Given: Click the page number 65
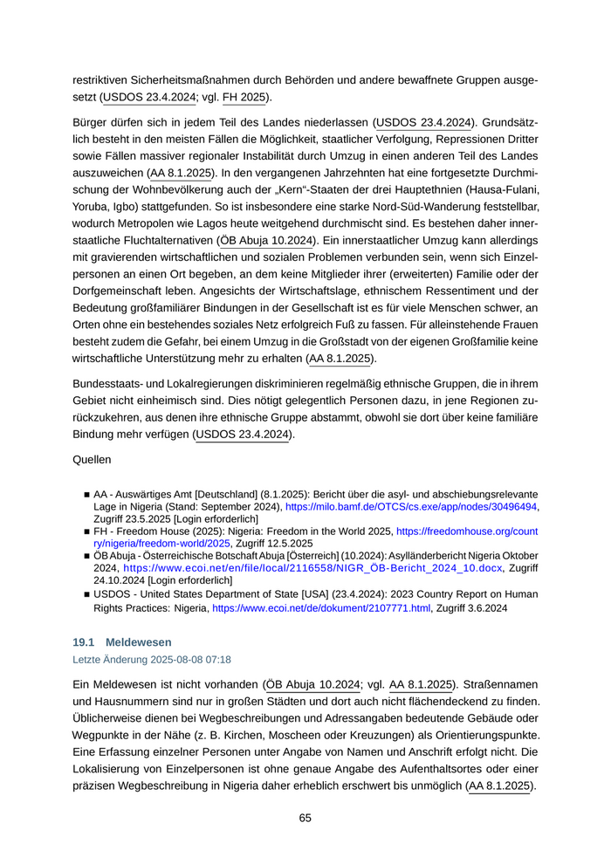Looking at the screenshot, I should (x=305, y=818).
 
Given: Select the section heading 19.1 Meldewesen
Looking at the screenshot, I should (x=122, y=641).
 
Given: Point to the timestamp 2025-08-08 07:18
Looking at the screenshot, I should (x=189, y=660).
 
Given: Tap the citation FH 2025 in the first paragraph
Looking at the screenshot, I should (x=242, y=97).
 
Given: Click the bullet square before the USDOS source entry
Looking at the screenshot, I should (x=87, y=595).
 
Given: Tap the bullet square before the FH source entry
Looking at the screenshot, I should (x=87, y=530).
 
